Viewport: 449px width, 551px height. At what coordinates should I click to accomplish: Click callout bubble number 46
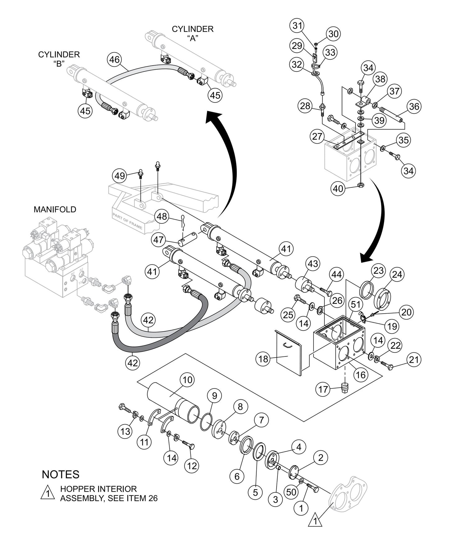coord(115,59)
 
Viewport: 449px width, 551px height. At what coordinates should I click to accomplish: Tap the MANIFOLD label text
coord(55,209)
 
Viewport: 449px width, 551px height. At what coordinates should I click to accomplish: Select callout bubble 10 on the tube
coord(189,380)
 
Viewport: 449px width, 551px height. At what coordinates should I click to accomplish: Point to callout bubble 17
coord(323,389)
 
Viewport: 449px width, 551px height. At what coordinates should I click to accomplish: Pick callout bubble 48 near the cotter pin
coord(162,216)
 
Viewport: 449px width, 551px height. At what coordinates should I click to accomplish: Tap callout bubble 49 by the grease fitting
coord(120,176)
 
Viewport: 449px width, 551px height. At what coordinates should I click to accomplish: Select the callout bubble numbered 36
coord(414,107)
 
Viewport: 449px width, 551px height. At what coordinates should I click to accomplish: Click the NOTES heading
coord(61,475)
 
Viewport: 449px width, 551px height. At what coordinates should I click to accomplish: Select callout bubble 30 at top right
coord(333,34)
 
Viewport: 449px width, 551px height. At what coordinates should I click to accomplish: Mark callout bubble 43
coord(313,264)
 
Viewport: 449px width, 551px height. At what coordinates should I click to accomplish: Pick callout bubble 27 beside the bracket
coord(317,137)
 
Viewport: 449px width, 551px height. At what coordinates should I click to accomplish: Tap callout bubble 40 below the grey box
coord(338,188)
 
